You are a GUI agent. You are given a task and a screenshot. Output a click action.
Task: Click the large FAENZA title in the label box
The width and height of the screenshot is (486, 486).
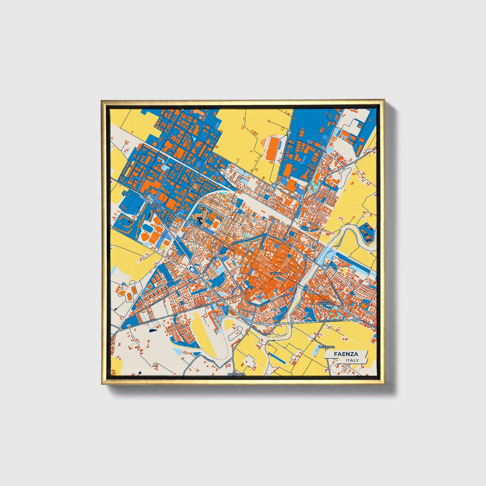click(x=346, y=354)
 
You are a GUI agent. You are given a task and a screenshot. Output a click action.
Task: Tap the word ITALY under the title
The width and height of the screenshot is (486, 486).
click(x=352, y=360)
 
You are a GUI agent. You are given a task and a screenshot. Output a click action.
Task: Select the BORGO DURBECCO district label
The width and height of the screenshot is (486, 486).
click(x=326, y=302)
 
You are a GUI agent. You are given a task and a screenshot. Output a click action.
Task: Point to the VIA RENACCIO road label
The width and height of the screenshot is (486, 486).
click(x=260, y=327)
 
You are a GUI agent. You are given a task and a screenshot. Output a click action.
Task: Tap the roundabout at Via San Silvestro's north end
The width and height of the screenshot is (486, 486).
click(x=289, y=133)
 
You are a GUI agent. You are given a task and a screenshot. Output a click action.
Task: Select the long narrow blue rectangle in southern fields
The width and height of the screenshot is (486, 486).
click(x=279, y=358)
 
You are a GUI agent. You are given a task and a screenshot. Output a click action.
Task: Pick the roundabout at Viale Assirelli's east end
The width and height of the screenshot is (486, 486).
click(x=356, y=320)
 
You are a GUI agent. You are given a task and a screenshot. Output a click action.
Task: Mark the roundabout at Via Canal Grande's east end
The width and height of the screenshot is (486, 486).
click(x=201, y=276)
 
